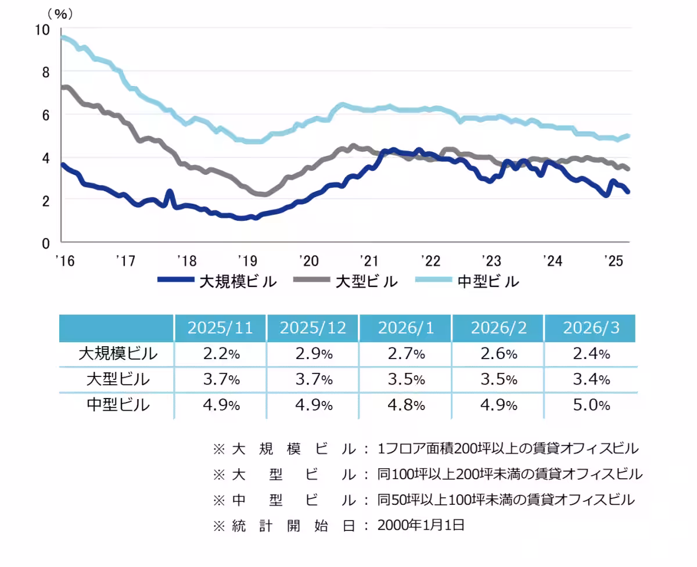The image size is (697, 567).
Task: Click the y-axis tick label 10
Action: click(44, 29)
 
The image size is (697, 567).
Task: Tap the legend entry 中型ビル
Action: click(488, 282)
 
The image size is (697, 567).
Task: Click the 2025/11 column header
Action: click(220, 328)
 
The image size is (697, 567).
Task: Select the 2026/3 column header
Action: click(591, 328)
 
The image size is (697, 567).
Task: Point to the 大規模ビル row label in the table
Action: click(118, 353)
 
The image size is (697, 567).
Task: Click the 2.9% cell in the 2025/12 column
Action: click(312, 353)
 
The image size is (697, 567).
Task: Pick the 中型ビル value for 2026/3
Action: click(591, 404)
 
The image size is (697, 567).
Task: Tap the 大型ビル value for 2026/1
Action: click(405, 379)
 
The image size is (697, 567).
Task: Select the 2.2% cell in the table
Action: click(220, 353)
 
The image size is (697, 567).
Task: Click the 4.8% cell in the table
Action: click(405, 404)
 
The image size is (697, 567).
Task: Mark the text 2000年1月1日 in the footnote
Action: click(421, 525)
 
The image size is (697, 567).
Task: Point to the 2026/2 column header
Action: click(498, 328)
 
